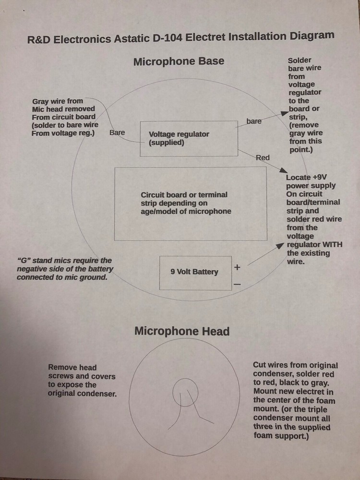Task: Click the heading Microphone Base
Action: pos(179,61)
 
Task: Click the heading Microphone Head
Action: pos(182,331)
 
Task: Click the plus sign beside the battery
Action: pos(237,267)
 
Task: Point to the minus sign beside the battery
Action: pos(237,284)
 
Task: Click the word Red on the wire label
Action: pos(263,157)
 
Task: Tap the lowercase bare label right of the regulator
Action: pos(254,121)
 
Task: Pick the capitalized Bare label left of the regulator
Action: pos(117,132)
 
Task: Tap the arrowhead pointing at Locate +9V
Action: pos(283,170)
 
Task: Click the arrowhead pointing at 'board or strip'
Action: pos(285,113)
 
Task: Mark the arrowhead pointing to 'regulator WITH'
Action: pos(280,245)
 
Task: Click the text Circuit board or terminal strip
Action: pos(184,199)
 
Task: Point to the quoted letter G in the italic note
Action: pos(23,261)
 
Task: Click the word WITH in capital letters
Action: pos(333,245)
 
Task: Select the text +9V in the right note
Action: pos(320,177)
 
